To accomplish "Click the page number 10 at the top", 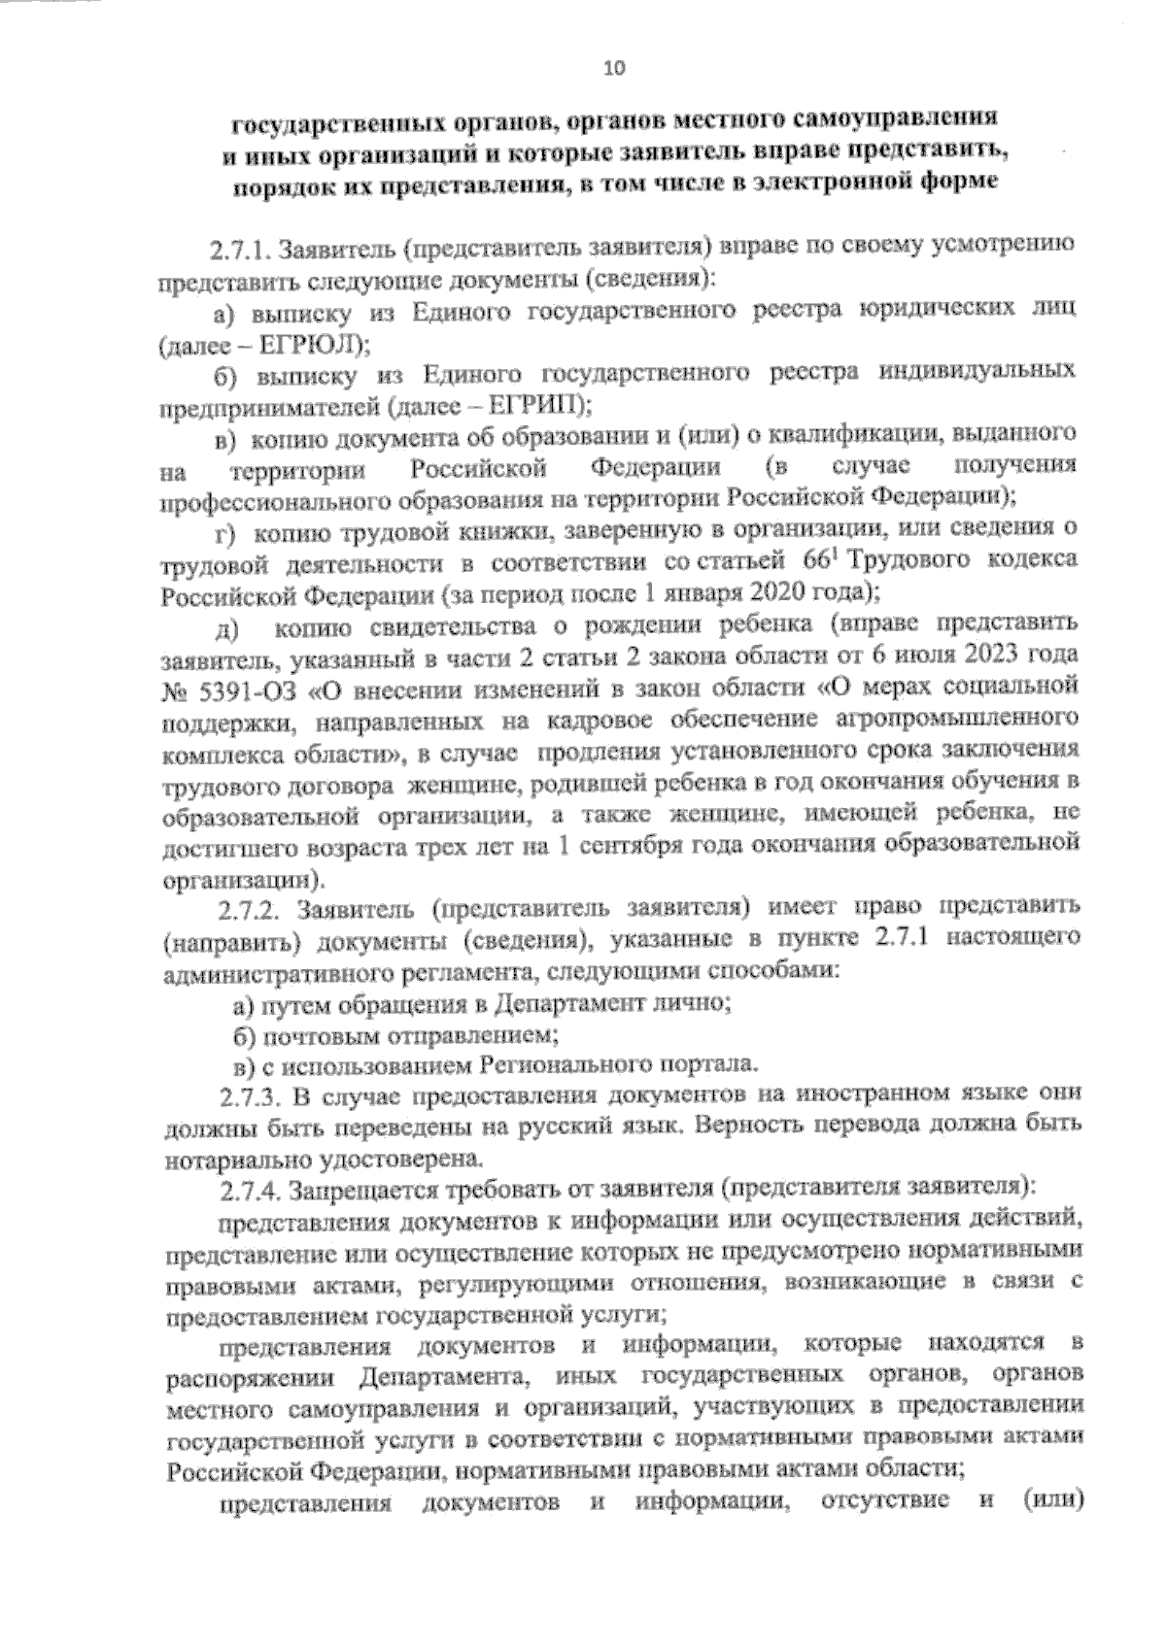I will coord(614,67).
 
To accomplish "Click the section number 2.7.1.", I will coord(241,251).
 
